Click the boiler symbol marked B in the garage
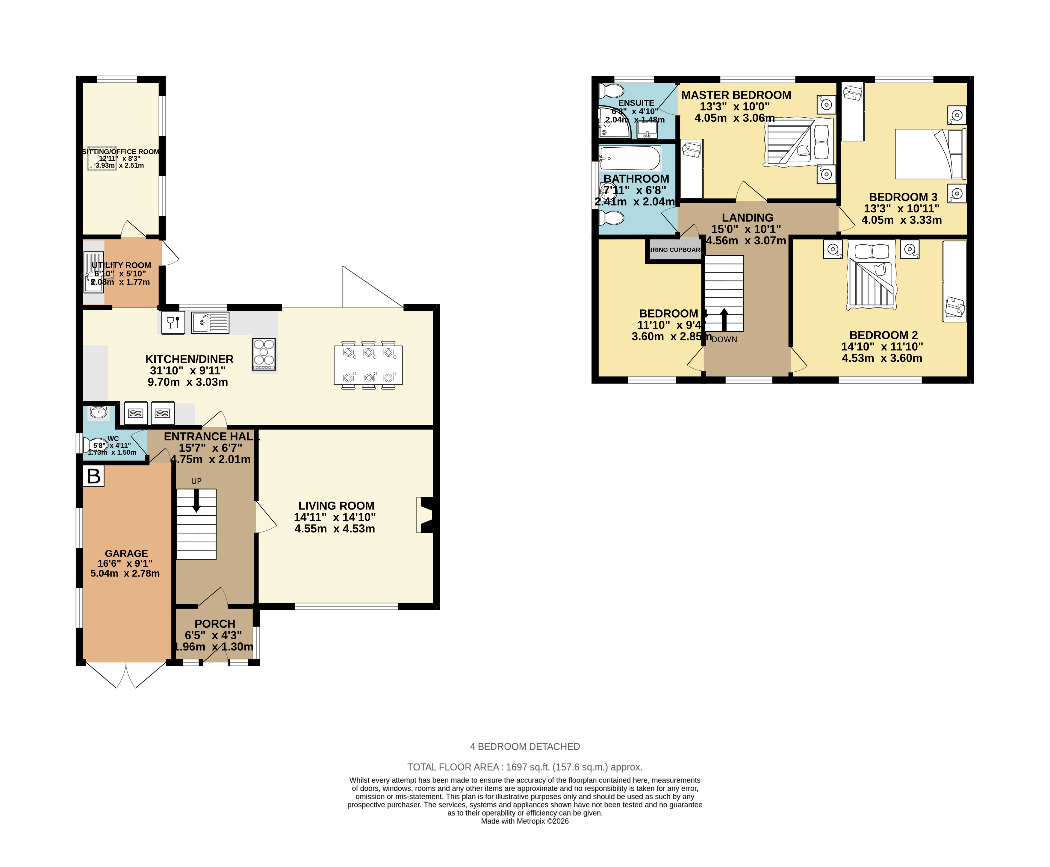93,476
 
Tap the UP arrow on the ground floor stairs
196,500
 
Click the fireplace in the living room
425,515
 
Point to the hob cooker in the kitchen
264,354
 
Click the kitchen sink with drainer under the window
210,323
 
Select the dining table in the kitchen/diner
368,365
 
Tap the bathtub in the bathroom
630,158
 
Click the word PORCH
215,624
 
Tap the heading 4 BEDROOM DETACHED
524,747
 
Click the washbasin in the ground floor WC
99,412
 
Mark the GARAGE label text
126,553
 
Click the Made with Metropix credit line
524,821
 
